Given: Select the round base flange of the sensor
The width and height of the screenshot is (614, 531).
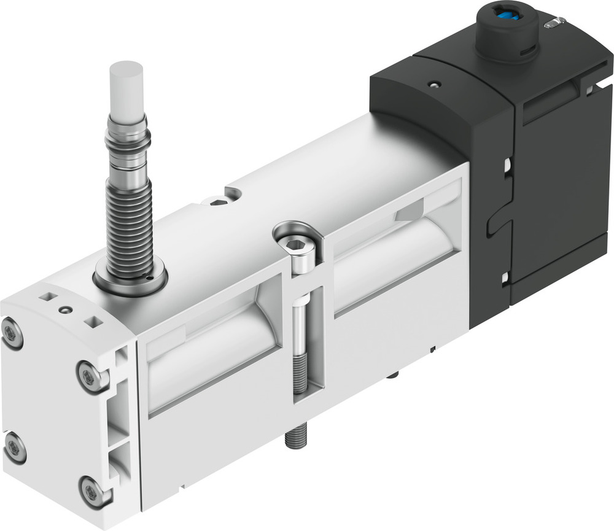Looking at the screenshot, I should click(130, 279).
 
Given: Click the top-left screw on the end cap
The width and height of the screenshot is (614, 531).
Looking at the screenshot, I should click(12, 334).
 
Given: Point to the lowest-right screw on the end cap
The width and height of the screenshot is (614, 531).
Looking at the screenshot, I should click(92, 491).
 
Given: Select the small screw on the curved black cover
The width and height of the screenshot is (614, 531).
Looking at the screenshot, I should click(435, 84).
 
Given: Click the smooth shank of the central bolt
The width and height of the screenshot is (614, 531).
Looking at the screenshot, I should click(298, 325).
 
